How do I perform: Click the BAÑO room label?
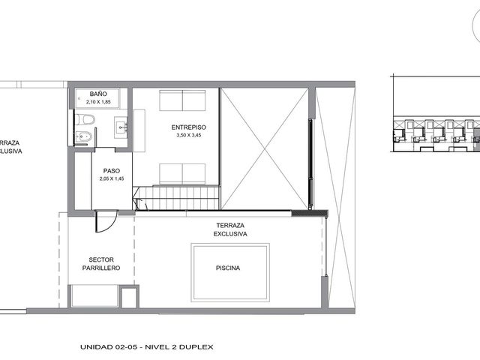[98, 94]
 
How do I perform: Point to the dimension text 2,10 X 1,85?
[98, 102]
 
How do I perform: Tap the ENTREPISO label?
[188, 127]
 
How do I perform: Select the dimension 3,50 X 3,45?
[188, 135]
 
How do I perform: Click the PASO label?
[112, 171]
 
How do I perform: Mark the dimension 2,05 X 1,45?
[112, 178]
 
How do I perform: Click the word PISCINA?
[228, 268]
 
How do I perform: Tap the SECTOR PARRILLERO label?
[101, 264]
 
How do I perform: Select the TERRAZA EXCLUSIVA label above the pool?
[230, 229]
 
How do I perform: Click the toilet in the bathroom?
[85, 119]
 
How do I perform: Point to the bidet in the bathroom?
[83, 136]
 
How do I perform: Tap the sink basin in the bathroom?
[121, 127]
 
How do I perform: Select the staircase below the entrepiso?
[177, 198]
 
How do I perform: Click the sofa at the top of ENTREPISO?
[182, 100]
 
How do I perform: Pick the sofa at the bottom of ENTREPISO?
[182, 174]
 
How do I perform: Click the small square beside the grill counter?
[129, 297]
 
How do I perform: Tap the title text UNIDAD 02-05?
[109, 347]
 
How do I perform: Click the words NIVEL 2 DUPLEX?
[178, 347]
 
